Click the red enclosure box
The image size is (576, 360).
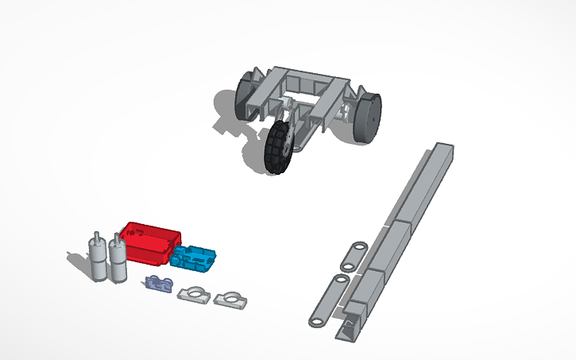click(151, 242)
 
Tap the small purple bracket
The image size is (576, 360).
click(160, 284)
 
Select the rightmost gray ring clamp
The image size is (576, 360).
click(230, 299)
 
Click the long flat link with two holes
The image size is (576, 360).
click(329, 300)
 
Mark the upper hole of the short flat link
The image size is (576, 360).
click(359, 246)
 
